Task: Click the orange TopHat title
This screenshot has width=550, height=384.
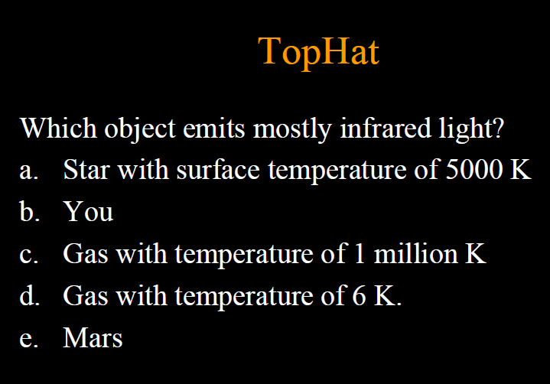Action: tap(318, 51)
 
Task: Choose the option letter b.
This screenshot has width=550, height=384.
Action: tap(28, 211)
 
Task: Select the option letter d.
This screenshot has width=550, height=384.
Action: tap(28, 295)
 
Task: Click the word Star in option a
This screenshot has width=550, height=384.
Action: tap(86, 169)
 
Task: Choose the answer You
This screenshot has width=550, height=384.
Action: tap(89, 211)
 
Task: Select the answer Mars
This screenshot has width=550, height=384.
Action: tap(93, 337)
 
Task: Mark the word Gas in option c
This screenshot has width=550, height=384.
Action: tap(85, 254)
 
